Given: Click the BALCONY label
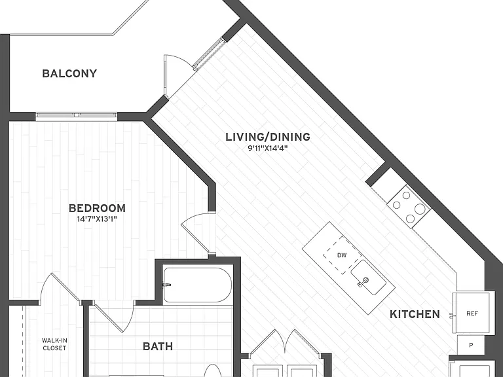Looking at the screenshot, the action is [69, 73].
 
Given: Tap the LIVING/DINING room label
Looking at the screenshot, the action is [268, 137].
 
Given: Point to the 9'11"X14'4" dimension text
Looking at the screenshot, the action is [268, 148].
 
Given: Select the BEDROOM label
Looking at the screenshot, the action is [97, 208].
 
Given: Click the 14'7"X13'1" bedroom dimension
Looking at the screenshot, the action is [97, 219].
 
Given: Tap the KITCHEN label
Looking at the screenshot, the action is [415, 314].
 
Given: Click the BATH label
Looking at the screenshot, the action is [158, 346].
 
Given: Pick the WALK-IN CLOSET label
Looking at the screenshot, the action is [54, 344].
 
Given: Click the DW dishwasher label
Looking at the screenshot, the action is [342, 255].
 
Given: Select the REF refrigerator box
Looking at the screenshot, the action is [471, 313].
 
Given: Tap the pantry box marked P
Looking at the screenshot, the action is [471, 346].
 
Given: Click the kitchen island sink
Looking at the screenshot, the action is [368, 277].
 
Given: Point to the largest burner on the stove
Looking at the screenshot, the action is [420, 209].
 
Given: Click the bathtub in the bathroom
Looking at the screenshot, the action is [197, 285].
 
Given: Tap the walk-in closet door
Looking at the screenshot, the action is [60, 286].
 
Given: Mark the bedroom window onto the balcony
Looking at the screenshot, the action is [76, 115].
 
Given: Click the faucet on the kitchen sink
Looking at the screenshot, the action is [362, 282].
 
